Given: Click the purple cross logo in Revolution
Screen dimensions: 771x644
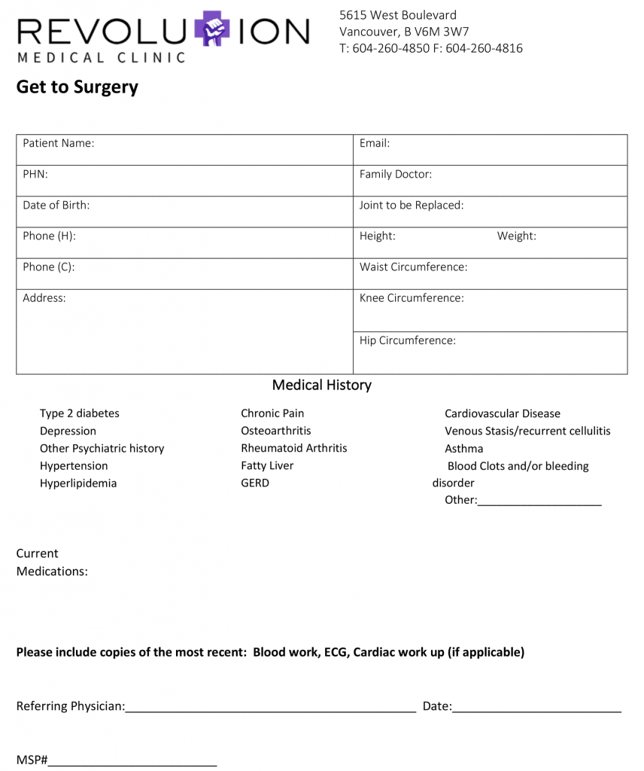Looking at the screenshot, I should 212,30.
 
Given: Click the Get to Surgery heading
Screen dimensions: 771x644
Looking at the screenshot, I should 77,87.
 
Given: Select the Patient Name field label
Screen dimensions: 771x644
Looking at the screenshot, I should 59,143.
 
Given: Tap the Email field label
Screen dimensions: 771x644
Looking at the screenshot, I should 375,143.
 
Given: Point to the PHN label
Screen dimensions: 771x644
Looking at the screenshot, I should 35,174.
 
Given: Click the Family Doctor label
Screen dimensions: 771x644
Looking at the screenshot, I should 396,174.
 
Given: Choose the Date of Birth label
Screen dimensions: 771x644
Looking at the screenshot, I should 56,205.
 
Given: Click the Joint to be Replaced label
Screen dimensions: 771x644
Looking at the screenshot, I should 412,205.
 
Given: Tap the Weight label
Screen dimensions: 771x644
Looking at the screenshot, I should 517,236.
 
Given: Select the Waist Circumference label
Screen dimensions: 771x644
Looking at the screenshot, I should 414,267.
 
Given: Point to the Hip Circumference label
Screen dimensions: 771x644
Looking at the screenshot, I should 408,340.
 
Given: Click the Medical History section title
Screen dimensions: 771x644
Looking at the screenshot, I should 322,385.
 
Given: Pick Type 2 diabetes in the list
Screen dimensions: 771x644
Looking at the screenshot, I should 80,413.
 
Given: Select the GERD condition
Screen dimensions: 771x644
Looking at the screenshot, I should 255,483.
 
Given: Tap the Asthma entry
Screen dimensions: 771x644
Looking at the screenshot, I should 464,448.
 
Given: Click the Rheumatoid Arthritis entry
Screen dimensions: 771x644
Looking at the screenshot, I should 294,448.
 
